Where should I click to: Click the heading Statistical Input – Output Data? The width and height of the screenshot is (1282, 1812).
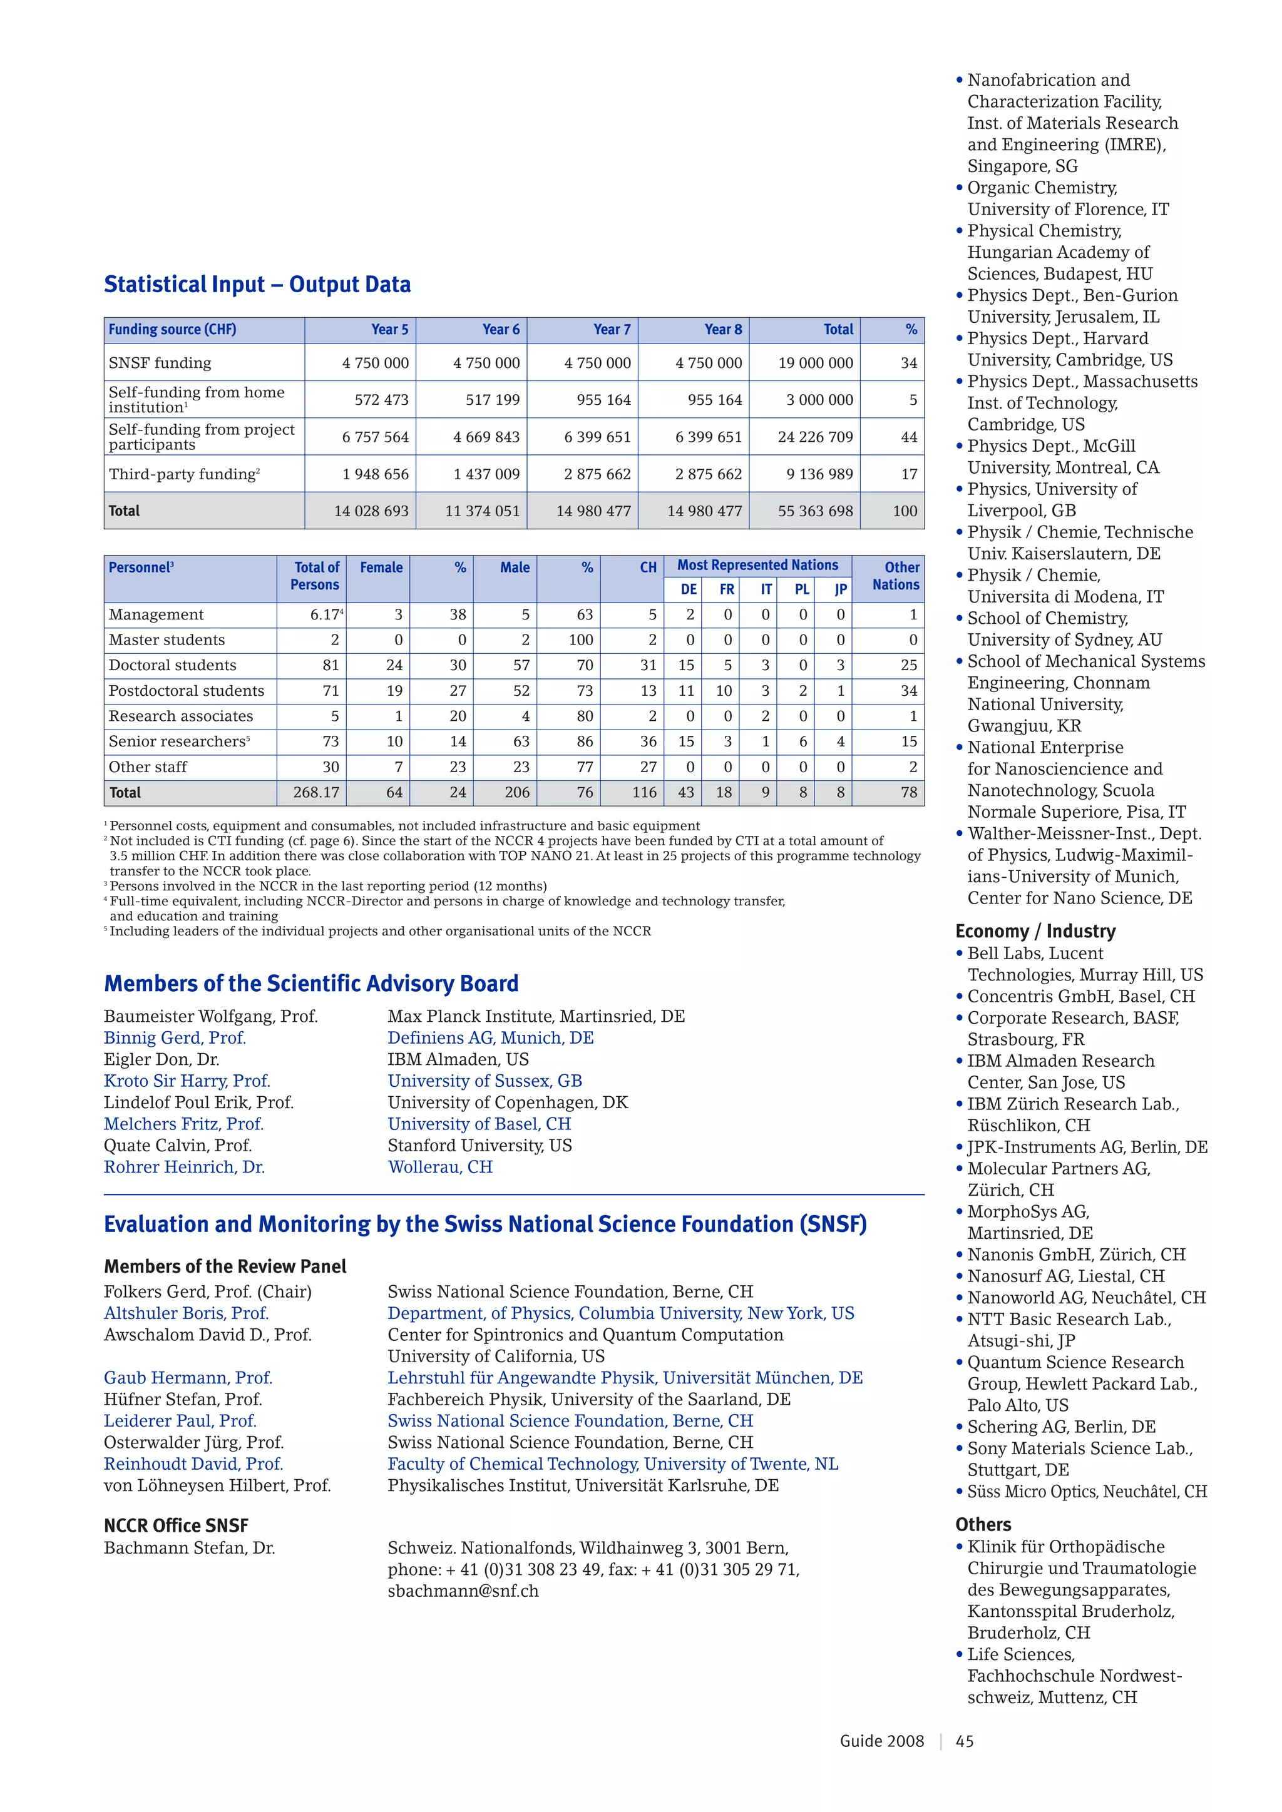click(x=257, y=284)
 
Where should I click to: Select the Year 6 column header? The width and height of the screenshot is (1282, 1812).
click(x=501, y=330)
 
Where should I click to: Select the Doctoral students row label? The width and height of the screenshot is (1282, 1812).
click(x=172, y=665)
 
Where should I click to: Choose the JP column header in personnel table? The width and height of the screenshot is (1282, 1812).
click(x=841, y=589)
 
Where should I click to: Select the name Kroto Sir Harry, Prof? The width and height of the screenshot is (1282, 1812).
click(x=187, y=1081)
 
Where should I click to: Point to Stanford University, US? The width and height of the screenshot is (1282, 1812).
click(x=479, y=1145)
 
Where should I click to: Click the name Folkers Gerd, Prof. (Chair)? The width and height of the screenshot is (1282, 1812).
click(x=208, y=1292)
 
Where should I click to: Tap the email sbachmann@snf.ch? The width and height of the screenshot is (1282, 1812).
click(x=463, y=1591)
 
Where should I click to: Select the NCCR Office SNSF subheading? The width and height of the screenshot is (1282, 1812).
click(x=176, y=1525)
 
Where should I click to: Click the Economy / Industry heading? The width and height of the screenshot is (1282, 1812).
click(x=1035, y=931)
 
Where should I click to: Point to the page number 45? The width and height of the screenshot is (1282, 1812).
click(x=964, y=1741)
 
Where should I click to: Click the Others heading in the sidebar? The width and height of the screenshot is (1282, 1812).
click(x=983, y=1525)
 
